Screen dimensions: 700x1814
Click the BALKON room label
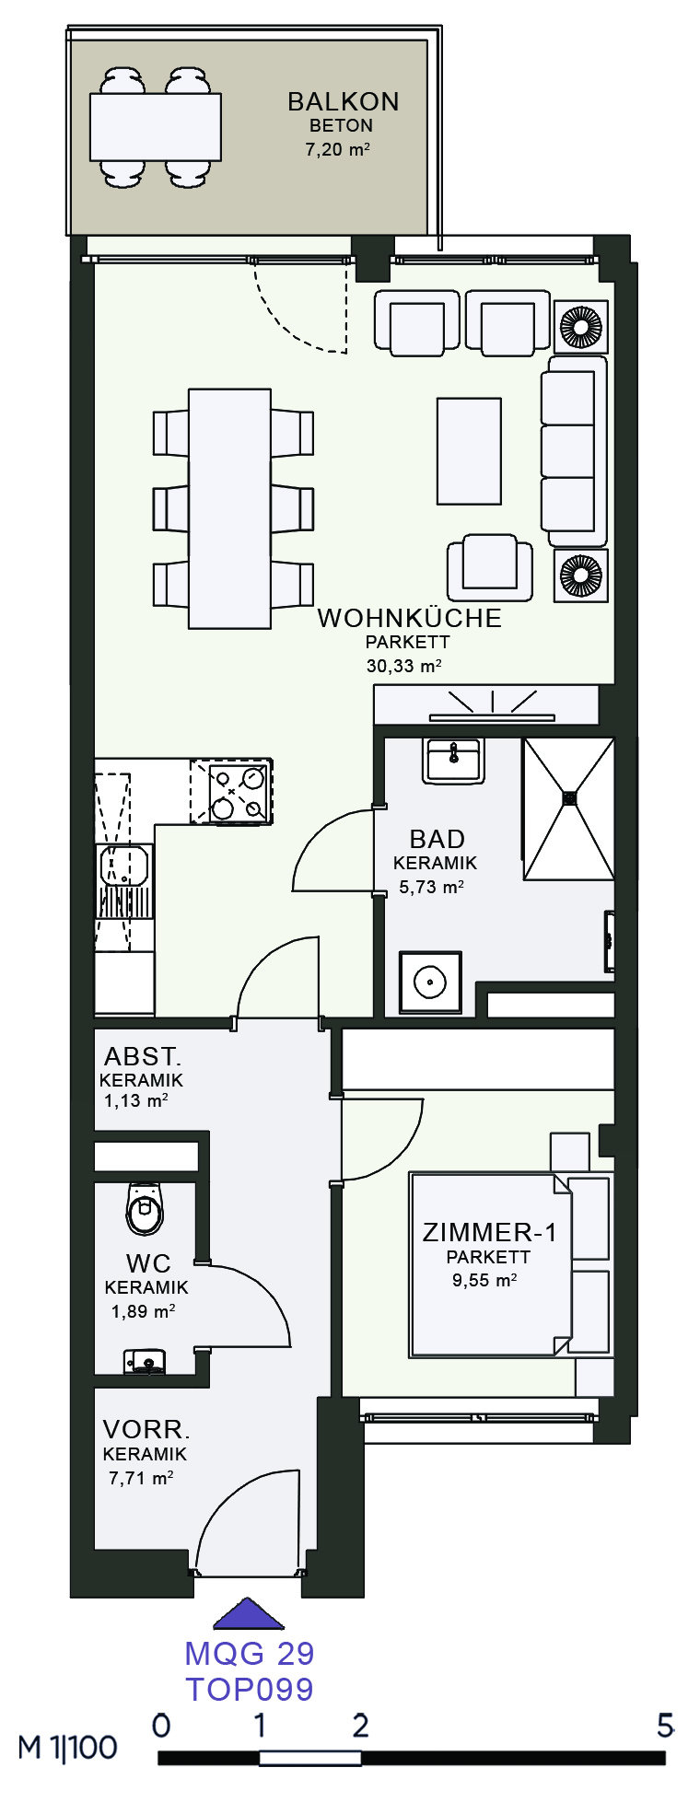pyautogui.click(x=343, y=101)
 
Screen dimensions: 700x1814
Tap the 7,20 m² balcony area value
pyautogui.click(x=338, y=149)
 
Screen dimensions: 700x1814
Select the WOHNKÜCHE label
pyautogui.click(x=410, y=618)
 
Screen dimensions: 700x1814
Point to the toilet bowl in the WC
pyautogui.click(x=145, y=1208)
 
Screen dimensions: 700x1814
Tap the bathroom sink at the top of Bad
pyautogui.click(x=453, y=761)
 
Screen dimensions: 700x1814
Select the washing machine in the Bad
pyautogui.click(x=430, y=983)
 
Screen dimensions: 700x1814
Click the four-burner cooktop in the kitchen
pyautogui.click(x=231, y=791)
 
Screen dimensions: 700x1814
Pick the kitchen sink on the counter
pyautogui.click(x=123, y=866)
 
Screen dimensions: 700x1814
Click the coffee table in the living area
pyautogui.click(x=470, y=451)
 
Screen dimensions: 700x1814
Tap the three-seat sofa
pyautogui.click(x=574, y=451)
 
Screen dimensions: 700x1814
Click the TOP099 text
pyautogui.click(x=250, y=1689)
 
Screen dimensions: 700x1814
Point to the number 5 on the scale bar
pyautogui.click(x=665, y=1725)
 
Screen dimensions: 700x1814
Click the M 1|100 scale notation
pyautogui.click(x=68, y=1747)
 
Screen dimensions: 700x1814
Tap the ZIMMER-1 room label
pyautogui.click(x=489, y=1232)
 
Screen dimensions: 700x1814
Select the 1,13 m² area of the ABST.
pyautogui.click(x=135, y=1100)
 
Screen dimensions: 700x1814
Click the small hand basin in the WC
pyautogui.click(x=145, y=1360)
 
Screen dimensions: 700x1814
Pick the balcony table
pyautogui.click(x=156, y=127)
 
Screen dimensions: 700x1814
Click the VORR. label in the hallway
pyautogui.click(x=146, y=1429)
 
